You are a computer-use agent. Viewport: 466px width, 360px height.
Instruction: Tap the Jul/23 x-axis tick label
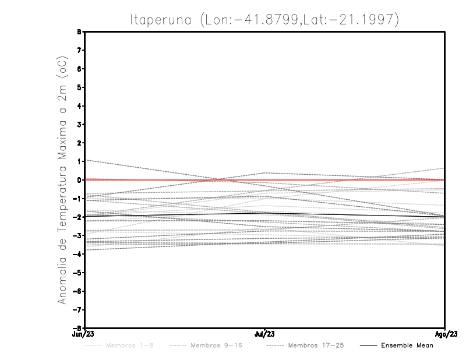point(265,334)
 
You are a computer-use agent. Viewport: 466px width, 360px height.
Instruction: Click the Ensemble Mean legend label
point(407,345)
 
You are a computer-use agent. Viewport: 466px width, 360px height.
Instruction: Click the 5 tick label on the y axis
point(79,87)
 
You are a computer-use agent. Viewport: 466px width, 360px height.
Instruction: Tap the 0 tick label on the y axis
point(79,180)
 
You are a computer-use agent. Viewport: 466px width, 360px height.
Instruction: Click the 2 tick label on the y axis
point(79,143)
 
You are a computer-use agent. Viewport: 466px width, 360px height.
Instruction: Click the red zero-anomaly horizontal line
point(349,180)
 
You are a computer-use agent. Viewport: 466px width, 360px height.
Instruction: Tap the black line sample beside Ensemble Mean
point(368,345)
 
